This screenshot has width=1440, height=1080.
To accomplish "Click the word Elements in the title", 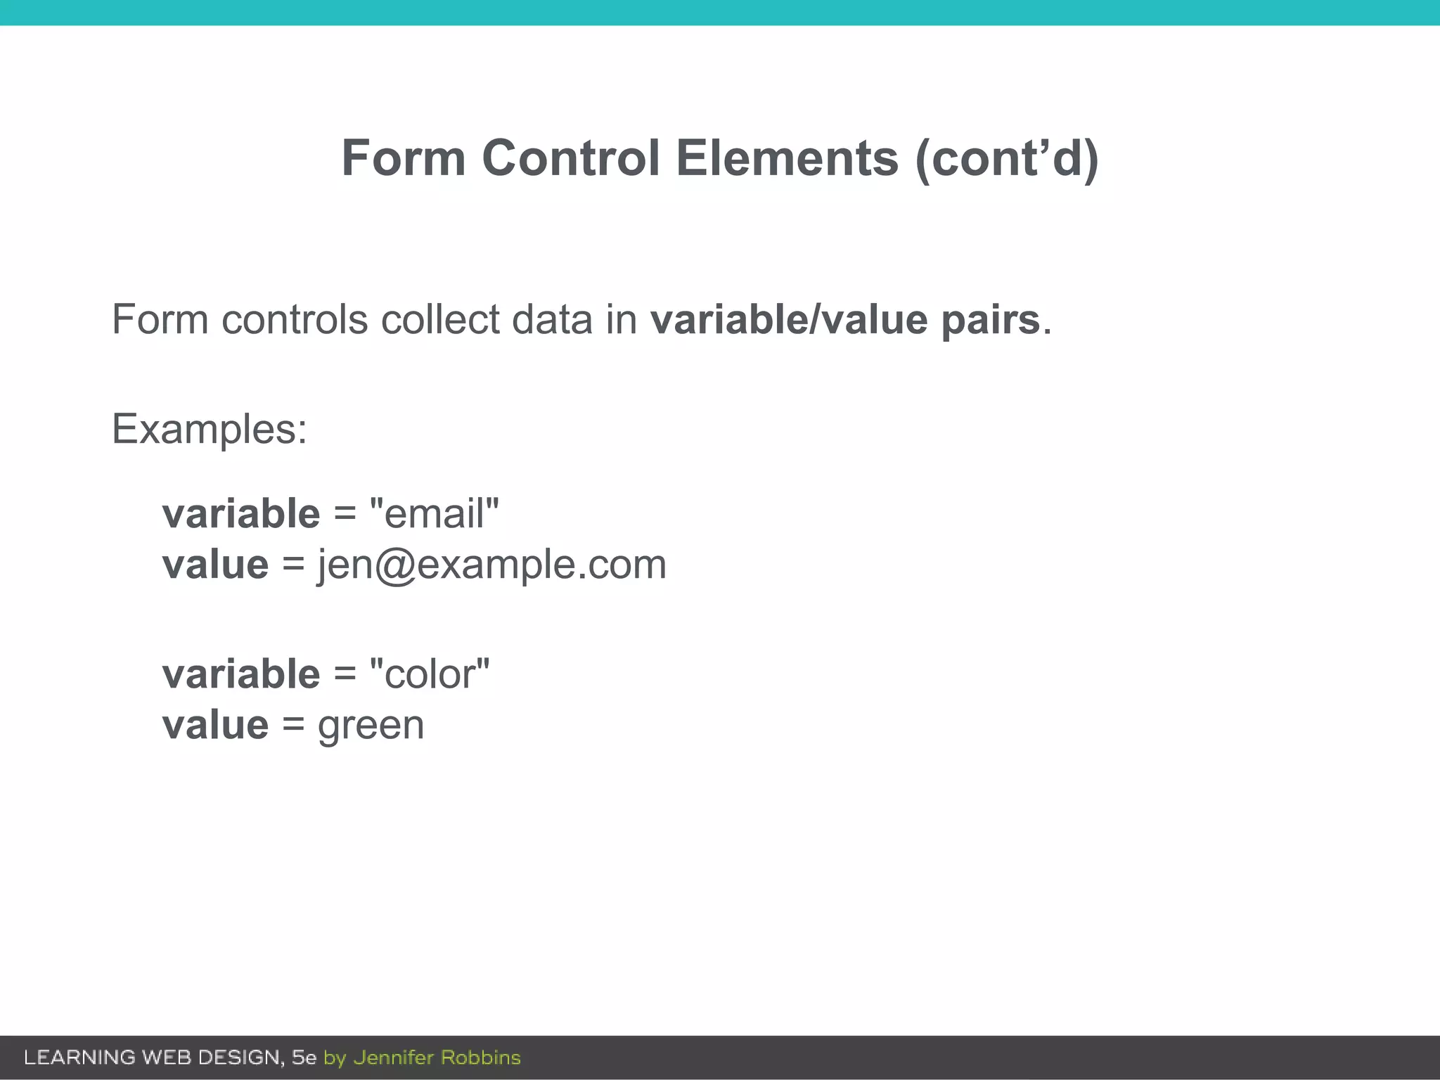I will (787, 158).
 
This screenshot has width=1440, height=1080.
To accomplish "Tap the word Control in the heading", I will (571, 158).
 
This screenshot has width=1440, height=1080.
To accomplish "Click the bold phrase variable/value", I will (788, 320).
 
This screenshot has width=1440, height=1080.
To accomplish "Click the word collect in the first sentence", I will (440, 320).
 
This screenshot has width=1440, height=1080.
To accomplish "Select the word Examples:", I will (210, 429).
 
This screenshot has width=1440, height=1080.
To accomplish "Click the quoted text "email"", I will (434, 513).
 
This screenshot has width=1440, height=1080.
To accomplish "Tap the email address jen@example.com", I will (491, 565).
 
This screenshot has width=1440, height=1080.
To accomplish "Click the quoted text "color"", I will (429, 674).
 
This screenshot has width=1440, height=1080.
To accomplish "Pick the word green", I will (371, 726).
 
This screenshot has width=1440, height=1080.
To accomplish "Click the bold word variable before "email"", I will (241, 513).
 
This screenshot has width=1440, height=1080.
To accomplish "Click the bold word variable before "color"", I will (241, 674).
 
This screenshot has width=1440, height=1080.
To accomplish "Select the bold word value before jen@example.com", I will (215, 565).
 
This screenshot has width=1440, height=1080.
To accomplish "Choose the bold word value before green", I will (215, 726).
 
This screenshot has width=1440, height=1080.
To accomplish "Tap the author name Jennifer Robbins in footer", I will (437, 1057).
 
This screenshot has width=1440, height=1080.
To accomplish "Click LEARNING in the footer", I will (79, 1057).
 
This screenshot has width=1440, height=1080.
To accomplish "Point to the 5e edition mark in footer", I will (304, 1057).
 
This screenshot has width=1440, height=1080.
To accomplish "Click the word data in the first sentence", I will (552, 320).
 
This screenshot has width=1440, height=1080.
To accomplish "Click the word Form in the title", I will (403, 158).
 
